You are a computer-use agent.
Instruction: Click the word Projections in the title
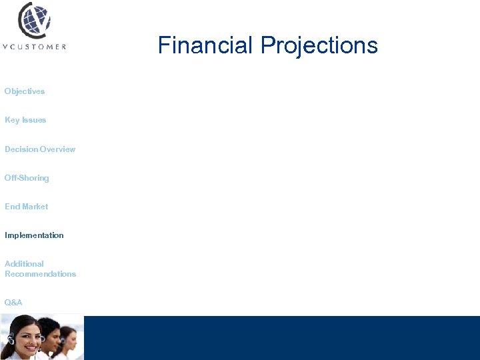[x=319, y=45]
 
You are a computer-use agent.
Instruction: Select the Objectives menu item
[x=25, y=91]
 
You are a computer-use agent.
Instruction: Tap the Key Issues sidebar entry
[x=25, y=120]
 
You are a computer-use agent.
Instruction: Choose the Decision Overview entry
[x=40, y=149]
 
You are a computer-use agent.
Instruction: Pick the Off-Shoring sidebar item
[x=27, y=178]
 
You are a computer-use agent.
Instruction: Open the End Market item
[x=27, y=207]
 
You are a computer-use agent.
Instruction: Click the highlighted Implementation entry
[x=34, y=235]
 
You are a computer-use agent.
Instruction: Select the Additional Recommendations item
[x=40, y=269]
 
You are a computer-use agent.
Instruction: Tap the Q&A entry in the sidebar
[x=13, y=303]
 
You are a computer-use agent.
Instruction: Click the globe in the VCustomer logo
[x=34, y=20]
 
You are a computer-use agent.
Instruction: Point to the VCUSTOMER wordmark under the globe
[x=34, y=47]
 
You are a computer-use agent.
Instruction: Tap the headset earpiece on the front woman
[x=11, y=340]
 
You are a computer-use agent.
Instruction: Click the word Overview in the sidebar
[x=58, y=149]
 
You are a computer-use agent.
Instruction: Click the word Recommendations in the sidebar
[x=40, y=274]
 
